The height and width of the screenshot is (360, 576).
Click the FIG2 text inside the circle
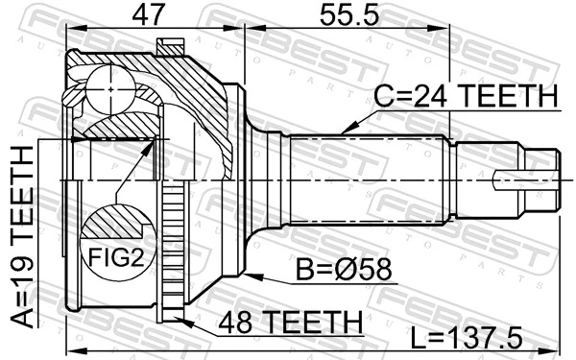[x=114, y=257]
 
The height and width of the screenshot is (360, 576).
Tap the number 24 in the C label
[x=429, y=97]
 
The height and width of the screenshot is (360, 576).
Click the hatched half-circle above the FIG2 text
[x=114, y=227]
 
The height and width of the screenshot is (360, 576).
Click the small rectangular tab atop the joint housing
[x=172, y=44]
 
